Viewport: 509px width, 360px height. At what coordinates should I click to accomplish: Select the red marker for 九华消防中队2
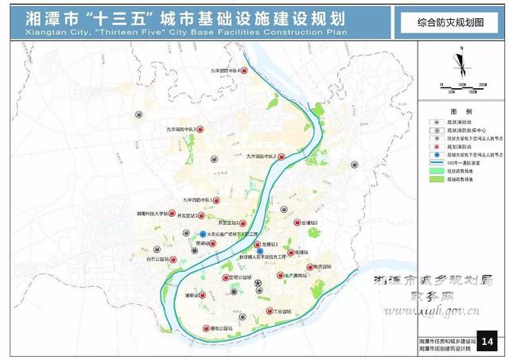[281, 157]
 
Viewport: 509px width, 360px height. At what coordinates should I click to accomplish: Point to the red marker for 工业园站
[270, 311]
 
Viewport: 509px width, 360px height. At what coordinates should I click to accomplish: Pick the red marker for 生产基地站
[280, 276]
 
